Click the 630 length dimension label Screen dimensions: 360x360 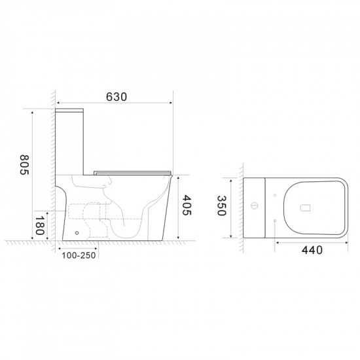(x=115, y=97)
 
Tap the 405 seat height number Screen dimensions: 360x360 (x=187, y=207)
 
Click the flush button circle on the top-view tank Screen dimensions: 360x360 (x=254, y=208)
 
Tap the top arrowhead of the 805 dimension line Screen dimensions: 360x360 (x=32, y=112)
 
